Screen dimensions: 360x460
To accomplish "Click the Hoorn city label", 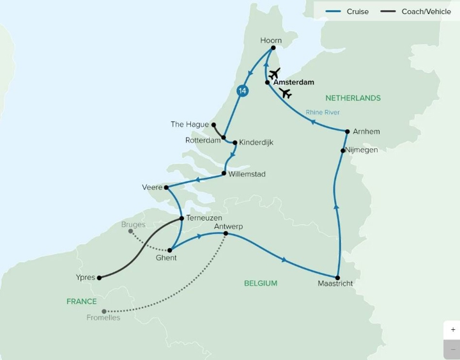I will point(271,40).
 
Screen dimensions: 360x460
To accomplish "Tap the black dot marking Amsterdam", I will point(267,82).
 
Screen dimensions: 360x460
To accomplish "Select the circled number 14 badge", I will point(241,91).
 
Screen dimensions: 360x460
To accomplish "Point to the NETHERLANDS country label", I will point(353,98).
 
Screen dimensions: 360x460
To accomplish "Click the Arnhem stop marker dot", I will point(347,132).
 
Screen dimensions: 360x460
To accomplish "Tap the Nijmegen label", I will point(362,150).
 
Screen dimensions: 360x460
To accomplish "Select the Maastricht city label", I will point(335,283).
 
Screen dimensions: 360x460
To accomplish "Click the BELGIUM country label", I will point(260,283).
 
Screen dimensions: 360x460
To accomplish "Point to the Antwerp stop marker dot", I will point(226,234).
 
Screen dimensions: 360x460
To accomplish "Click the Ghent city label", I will point(166,258).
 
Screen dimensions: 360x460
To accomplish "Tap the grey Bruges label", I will point(133,224).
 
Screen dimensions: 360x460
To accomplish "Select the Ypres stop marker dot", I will point(99,278).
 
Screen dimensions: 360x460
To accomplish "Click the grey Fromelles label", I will point(103,318).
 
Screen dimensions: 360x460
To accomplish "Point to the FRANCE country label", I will point(81,301).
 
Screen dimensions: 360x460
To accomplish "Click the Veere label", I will point(151,187).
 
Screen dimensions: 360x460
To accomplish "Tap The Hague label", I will point(190,124).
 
